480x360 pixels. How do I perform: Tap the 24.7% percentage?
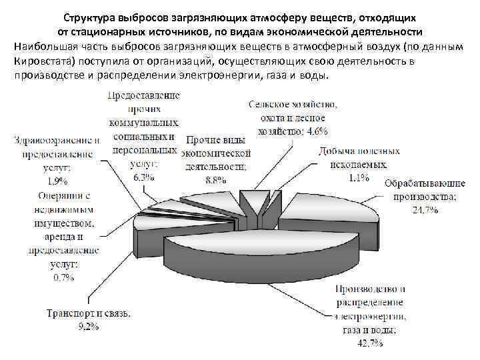tap(425, 210)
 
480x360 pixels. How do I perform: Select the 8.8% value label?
tap(215, 179)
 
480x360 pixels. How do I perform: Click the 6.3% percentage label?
tap(144, 177)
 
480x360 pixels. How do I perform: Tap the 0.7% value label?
tap(63, 278)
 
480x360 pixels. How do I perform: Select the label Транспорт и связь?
tap(88, 313)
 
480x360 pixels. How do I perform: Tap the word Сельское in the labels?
tap(269, 105)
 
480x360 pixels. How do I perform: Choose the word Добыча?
tap(335, 151)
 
